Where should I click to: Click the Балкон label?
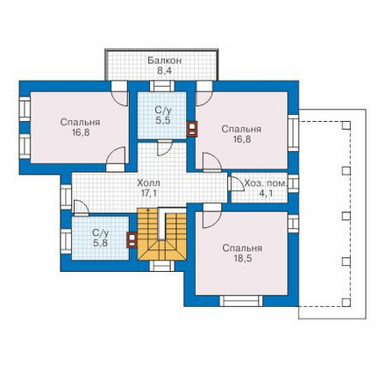[x=164, y=61]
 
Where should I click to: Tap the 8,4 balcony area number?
[x=165, y=71]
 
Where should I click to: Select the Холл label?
[x=148, y=183]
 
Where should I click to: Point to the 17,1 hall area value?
[x=149, y=194]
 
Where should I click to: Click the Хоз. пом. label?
[x=266, y=183]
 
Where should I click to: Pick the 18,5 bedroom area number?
[x=242, y=259]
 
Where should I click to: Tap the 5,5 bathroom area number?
[x=162, y=120]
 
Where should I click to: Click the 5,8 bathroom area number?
[x=100, y=243]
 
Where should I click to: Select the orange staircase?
[x=162, y=234]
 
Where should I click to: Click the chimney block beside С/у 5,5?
[x=191, y=129]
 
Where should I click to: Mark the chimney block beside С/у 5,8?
[x=132, y=239]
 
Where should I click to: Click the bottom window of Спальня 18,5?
[x=241, y=301]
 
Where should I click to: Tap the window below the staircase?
[x=162, y=267]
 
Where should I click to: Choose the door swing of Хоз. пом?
[x=238, y=183]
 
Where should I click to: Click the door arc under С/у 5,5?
[x=165, y=147]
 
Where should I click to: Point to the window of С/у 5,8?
[x=66, y=241]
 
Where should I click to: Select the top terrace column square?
[x=347, y=125]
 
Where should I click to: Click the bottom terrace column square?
[x=347, y=302]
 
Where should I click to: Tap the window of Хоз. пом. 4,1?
[x=293, y=183]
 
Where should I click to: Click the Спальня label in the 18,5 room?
[x=242, y=248]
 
